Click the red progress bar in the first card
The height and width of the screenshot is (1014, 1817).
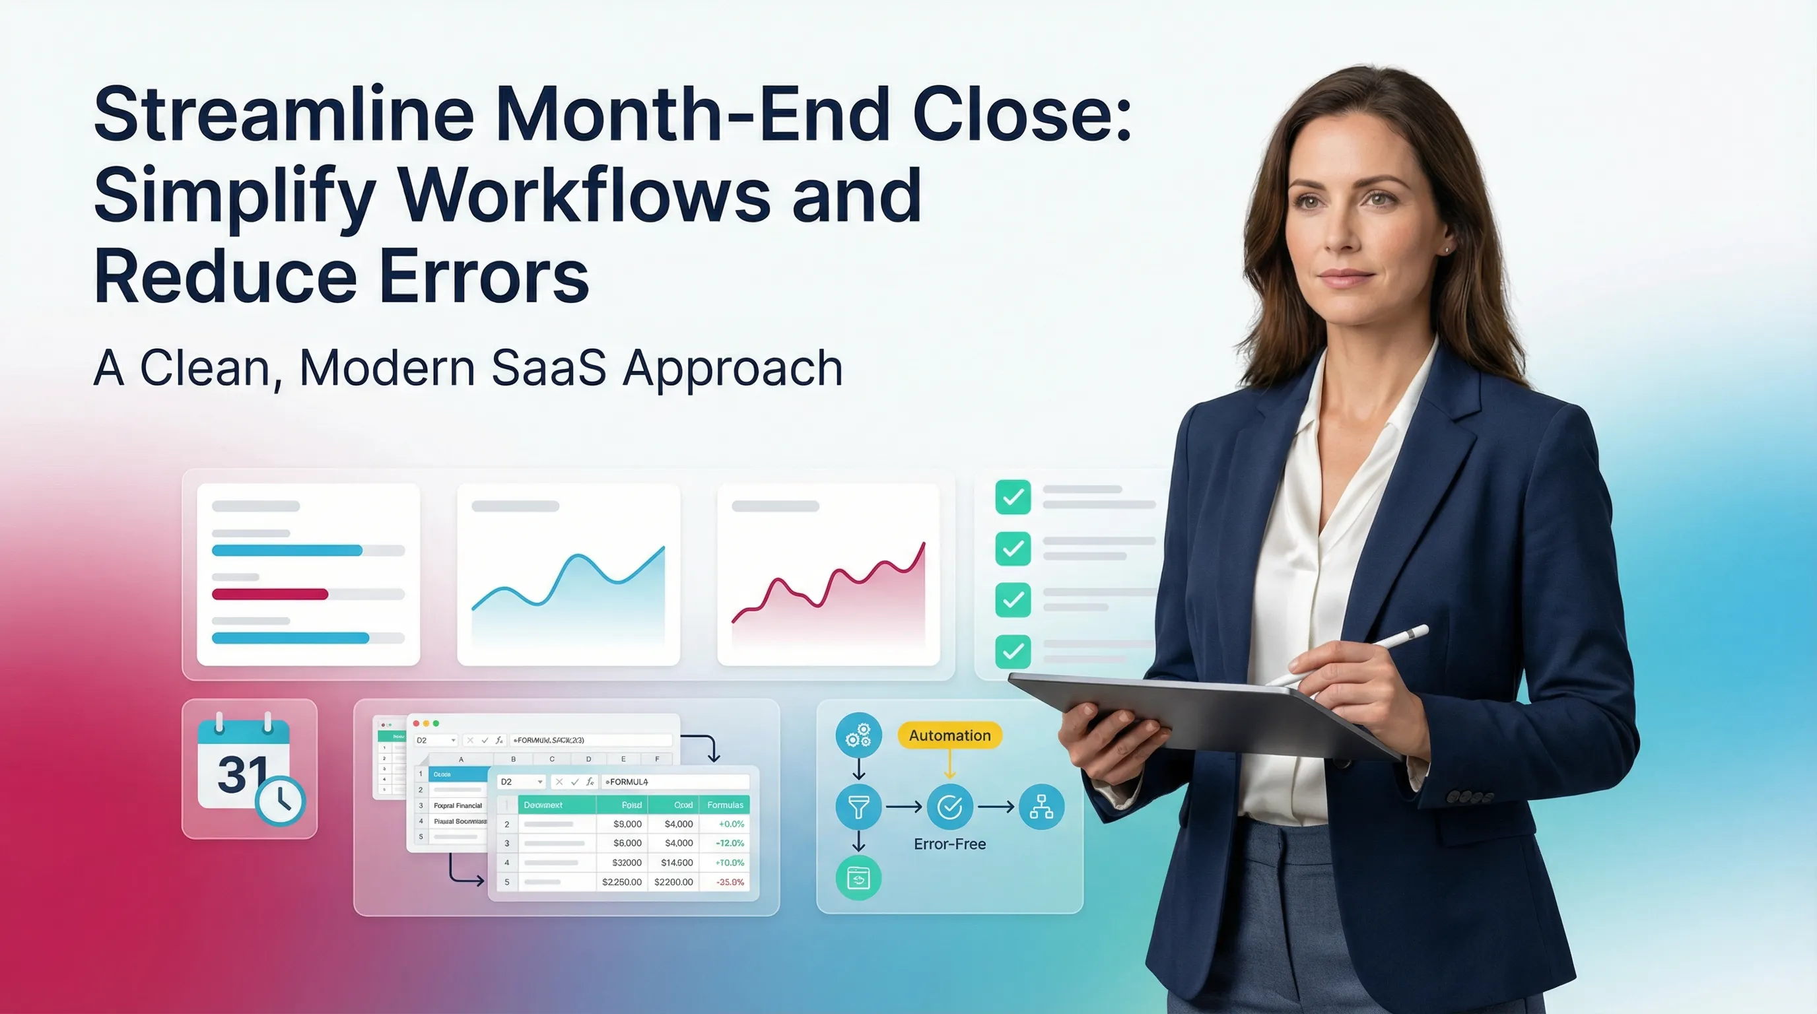tap(270, 594)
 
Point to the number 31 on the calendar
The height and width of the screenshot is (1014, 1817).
tap(242, 774)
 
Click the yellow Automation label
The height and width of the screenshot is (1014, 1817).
tap(949, 735)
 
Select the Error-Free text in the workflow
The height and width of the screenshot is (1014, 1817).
tap(949, 844)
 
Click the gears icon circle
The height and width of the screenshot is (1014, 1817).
tap(858, 735)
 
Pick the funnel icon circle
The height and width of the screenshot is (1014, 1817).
tap(858, 807)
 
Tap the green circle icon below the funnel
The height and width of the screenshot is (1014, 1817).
tap(858, 878)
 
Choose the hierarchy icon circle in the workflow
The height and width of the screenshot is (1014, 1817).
tap(1041, 807)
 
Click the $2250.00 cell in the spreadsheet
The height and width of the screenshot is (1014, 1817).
tap(621, 882)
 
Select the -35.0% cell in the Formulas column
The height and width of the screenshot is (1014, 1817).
tap(730, 882)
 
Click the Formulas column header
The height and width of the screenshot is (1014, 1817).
tap(725, 805)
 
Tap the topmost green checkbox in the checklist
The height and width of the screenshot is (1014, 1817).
tap(1013, 497)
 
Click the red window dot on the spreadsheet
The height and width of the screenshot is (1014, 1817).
tap(416, 724)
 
